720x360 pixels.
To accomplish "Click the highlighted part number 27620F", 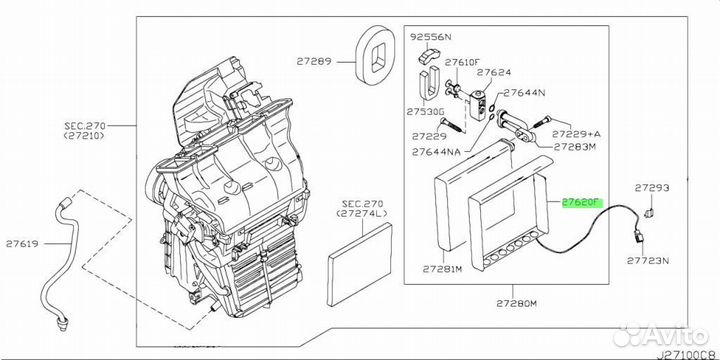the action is (582, 202).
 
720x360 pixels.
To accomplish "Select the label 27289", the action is (314, 61).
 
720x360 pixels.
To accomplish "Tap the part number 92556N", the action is (431, 37).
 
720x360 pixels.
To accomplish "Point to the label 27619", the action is (22, 244).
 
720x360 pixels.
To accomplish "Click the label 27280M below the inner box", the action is (516, 304).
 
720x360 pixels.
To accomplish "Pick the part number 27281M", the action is (442, 269).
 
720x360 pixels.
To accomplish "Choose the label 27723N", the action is (648, 261).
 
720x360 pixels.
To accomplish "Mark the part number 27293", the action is (652, 187).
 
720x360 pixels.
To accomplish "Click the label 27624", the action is (494, 72).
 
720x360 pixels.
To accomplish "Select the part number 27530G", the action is (425, 112).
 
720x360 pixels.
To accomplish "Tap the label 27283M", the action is (574, 147).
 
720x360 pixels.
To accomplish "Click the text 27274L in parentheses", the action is (362, 214).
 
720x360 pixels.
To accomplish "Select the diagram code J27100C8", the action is (688, 354).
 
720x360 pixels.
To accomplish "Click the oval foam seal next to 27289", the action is (376, 55).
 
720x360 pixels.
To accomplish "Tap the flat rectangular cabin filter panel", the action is (360, 264).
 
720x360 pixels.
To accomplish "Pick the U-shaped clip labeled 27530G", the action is (429, 84).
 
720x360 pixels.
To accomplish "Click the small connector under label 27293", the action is (648, 213).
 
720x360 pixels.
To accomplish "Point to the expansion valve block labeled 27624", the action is (478, 104).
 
